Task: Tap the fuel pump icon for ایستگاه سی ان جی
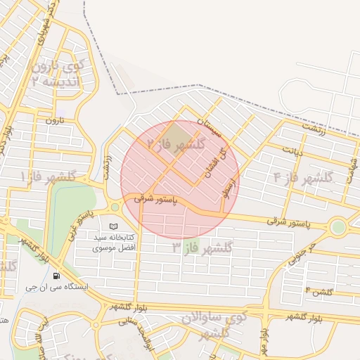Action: coord(56,275)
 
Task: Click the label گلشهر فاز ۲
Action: coord(176,145)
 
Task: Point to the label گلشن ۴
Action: coord(318,290)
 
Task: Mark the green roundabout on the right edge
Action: coord(339,227)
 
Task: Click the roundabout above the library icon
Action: coord(115,207)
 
